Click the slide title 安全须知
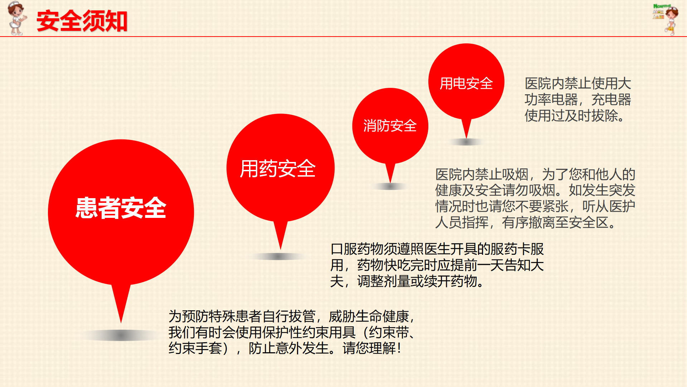[x=82, y=21]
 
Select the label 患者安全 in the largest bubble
[x=121, y=208]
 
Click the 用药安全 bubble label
[x=278, y=168]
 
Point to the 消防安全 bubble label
[x=390, y=126]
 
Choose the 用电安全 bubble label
[x=466, y=83]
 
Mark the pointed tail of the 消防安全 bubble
[x=390, y=182]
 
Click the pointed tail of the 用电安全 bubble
[x=466, y=138]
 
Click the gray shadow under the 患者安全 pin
[x=121, y=335]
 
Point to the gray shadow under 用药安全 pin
[x=278, y=256]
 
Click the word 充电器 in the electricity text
[x=611, y=100]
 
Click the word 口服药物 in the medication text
[x=357, y=249]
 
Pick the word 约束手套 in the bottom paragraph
[x=195, y=348]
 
